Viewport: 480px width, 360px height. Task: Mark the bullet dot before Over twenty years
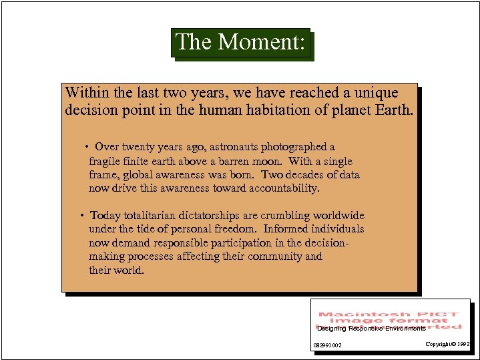(87, 147)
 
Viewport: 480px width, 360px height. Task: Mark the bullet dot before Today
(81, 216)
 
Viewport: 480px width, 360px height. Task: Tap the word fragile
(105, 161)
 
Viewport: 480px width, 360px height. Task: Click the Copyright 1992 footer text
(447, 344)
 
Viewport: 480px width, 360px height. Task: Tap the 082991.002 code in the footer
(328, 345)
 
